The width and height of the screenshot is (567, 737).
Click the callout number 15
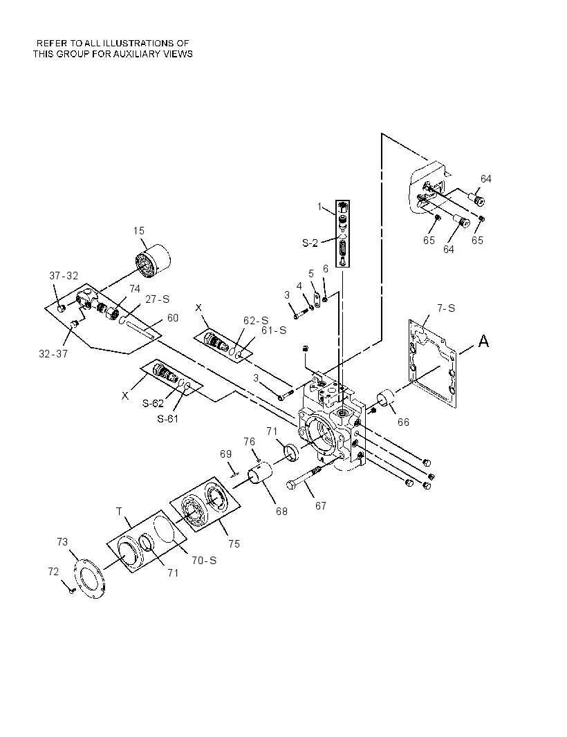[139, 231]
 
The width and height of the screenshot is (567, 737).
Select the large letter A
[483, 342]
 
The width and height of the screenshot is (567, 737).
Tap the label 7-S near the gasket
[446, 308]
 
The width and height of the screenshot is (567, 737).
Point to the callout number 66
[403, 422]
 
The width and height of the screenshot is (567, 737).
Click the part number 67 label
[321, 506]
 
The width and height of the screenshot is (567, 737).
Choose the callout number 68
[281, 512]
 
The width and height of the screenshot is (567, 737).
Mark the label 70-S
[204, 560]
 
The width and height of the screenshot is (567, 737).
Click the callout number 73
[62, 542]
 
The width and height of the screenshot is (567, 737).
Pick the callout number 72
[53, 572]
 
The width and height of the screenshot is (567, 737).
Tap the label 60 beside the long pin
[173, 318]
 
